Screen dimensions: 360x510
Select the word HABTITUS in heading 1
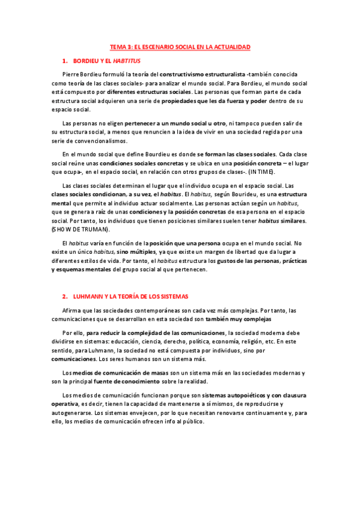pos(126,61)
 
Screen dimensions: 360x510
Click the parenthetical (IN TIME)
pos(258,172)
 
